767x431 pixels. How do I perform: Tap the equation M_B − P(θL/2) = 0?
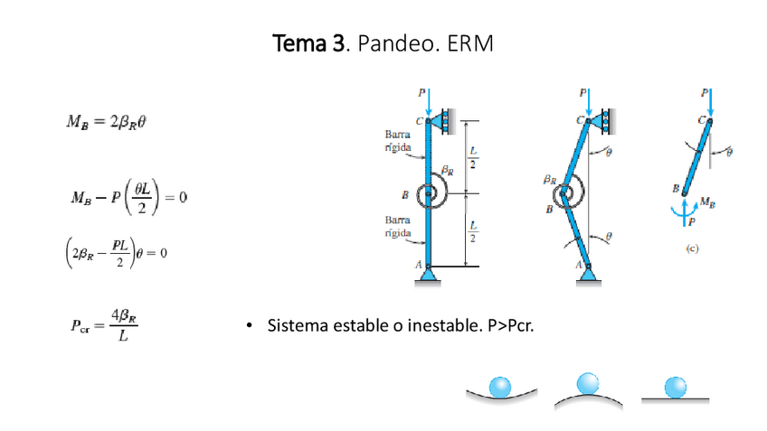coord(128,197)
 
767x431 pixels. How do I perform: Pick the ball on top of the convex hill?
coord(588,383)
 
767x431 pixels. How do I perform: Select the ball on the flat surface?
coord(674,387)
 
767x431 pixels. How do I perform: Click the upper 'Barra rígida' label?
coord(399,139)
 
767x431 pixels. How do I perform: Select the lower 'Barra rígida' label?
coord(399,226)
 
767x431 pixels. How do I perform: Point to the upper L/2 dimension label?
coord(474,157)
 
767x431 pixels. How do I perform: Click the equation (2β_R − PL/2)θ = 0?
coord(111,252)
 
